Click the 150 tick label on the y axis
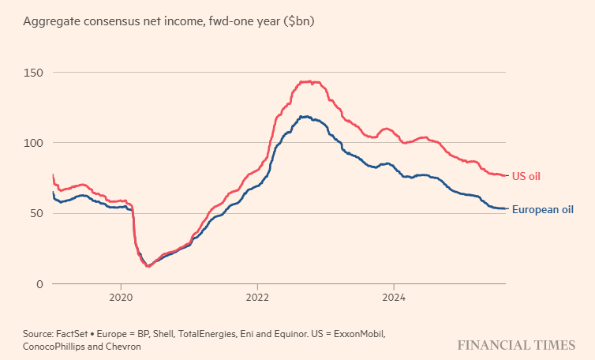coord(33,73)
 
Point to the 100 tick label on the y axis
coord(33,143)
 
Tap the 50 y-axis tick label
coord(36,213)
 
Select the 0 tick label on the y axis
coord(39,283)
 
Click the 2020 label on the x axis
coord(121,299)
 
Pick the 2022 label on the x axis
coord(257,299)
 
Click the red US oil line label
coord(526,175)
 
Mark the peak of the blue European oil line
coord(303,116)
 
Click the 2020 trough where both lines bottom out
coord(148,266)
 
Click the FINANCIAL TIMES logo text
coord(515,346)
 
